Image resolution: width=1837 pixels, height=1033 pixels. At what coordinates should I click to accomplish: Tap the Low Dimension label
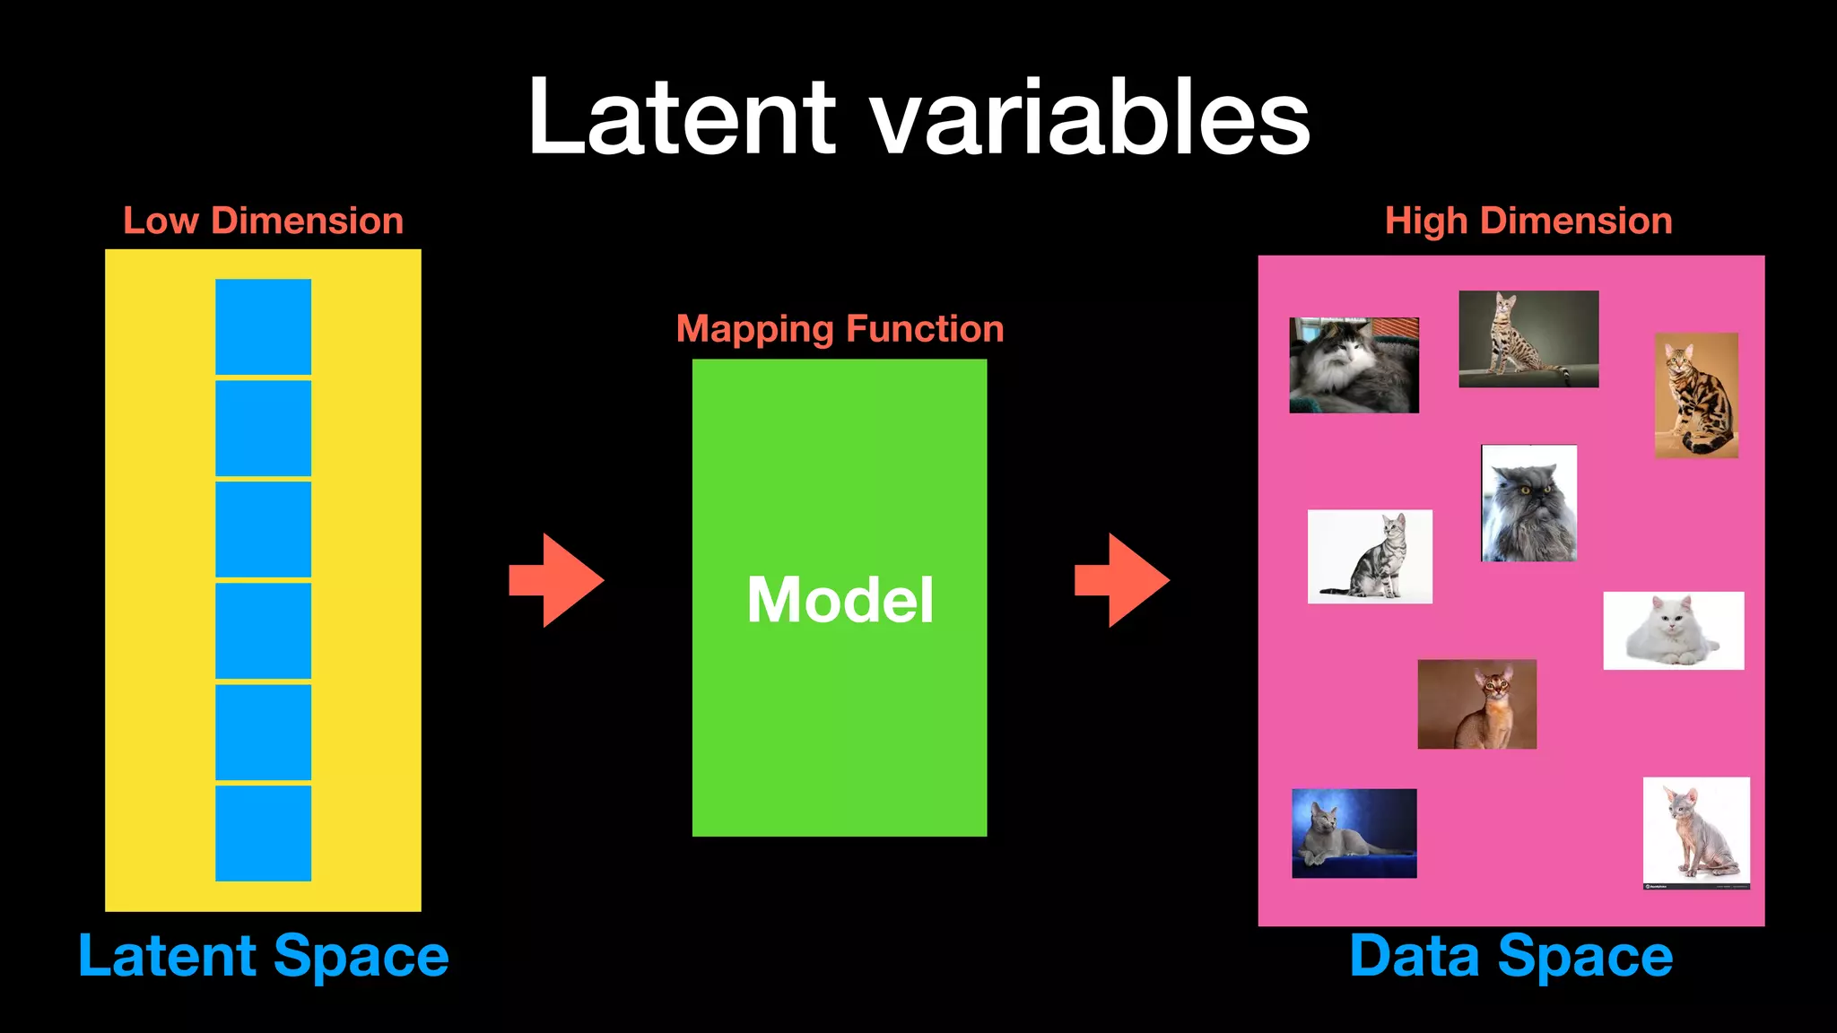[x=263, y=221]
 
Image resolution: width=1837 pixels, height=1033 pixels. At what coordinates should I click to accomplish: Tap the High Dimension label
[x=1528, y=221]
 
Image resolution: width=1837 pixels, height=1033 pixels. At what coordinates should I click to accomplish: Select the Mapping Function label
[x=840, y=329]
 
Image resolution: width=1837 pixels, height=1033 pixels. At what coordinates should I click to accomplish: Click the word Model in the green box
[x=840, y=600]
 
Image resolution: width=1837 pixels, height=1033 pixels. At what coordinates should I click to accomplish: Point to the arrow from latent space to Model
[x=557, y=580]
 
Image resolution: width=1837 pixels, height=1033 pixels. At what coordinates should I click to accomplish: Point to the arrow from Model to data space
[x=1122, y=580]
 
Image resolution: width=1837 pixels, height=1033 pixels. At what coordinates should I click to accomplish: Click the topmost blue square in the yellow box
[x=263, y=326]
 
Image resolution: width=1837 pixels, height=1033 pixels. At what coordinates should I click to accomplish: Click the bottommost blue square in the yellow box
[x=263, y=833]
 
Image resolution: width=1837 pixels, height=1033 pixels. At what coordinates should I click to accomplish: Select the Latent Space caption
[x=263, y=956]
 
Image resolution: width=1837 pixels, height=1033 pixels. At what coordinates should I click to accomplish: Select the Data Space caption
[x=1511, y=956]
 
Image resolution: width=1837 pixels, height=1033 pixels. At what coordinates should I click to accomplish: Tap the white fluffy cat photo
[x=1673, y=630]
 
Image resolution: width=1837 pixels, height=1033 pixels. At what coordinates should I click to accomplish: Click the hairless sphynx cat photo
[x=1695, y=833]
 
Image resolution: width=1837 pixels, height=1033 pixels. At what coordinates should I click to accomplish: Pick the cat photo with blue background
[x=1354, y=833]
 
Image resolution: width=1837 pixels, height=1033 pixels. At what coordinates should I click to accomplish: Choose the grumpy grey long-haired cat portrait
[x=1528, y=503]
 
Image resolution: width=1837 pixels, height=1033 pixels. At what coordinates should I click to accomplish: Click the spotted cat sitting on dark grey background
[x=1528, y=339]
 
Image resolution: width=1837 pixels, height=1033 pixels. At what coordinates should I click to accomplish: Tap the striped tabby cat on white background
[x=1370, y=557]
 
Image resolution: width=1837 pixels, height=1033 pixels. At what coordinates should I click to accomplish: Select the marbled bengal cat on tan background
[x=1695, y=395]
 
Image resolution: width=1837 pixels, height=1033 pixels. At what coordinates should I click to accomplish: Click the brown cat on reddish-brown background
[x=1476, y=705]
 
